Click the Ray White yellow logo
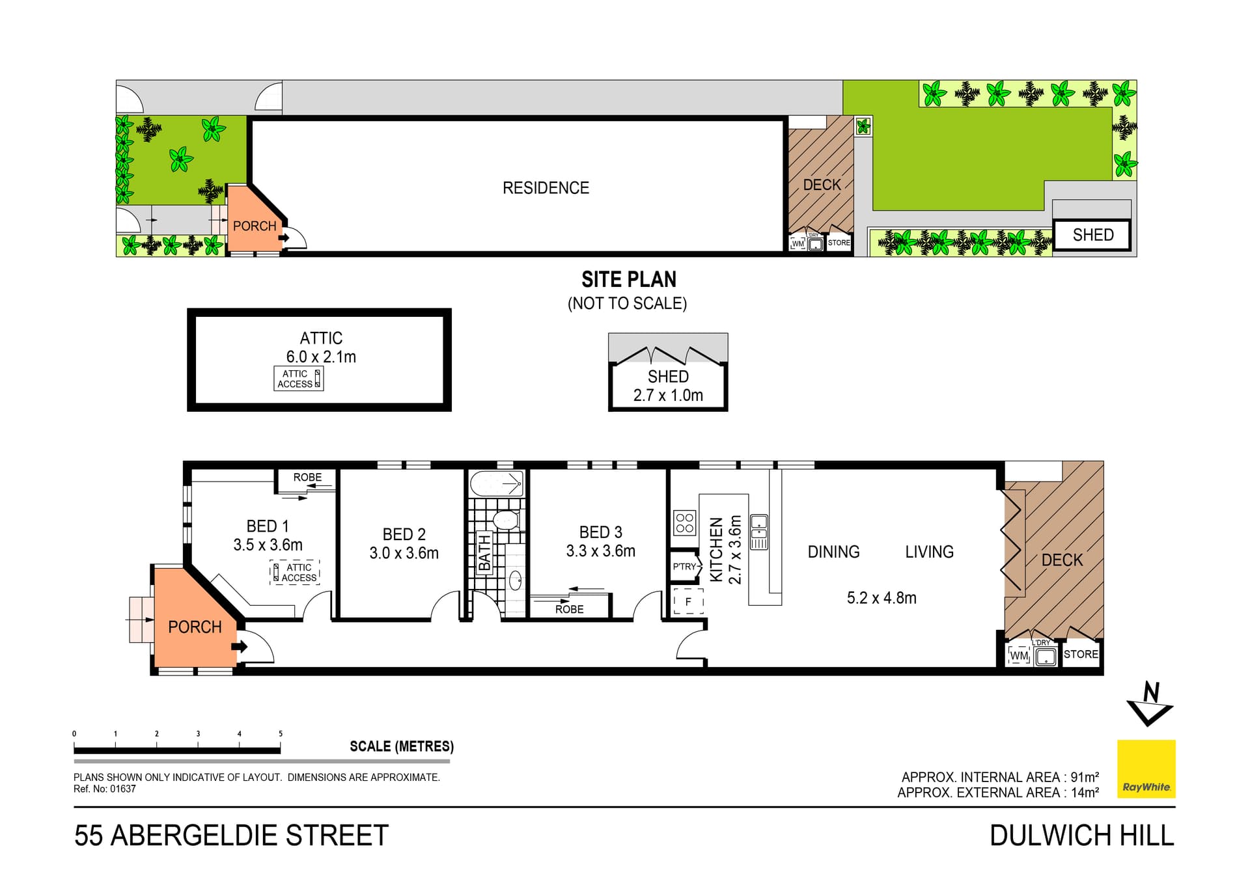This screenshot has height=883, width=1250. pyautogui.click(x=1146, y=768)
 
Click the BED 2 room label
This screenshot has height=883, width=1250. pyautogui.click(x=404, y=534)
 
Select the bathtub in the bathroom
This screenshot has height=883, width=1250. pyautogui.click(x=497, y=483)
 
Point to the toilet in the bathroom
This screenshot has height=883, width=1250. pyautogui.click(x=505, y=520)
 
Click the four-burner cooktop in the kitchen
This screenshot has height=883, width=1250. pyautogui.click(x=684, y=523)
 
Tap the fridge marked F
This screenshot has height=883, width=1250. pyautogui.click(x=688, y=602)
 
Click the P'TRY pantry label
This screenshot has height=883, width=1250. pyautogui.click(x=684, y=567)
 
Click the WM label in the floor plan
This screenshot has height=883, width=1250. pyautogui.click(x=1019, y=656)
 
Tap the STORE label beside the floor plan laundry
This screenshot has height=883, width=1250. pyautogui.click(x=1081, y=654)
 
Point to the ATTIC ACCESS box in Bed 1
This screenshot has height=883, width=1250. pyautogui.click(x=295, y=573)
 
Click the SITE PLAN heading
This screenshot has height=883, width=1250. pyautogui.click(x=628, y=280)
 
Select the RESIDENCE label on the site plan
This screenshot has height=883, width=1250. pyautogui.click(x=546, y=188)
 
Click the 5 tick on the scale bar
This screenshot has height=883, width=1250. pyautogui.click(x=281, y=734)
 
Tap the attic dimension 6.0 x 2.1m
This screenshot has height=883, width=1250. pyautogui.click(x=321, y=357)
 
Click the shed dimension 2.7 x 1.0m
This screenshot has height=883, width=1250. pyautogui.click(x=668, y=395)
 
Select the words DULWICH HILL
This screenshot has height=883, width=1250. pyautogui.click(x=1081, y=835)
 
